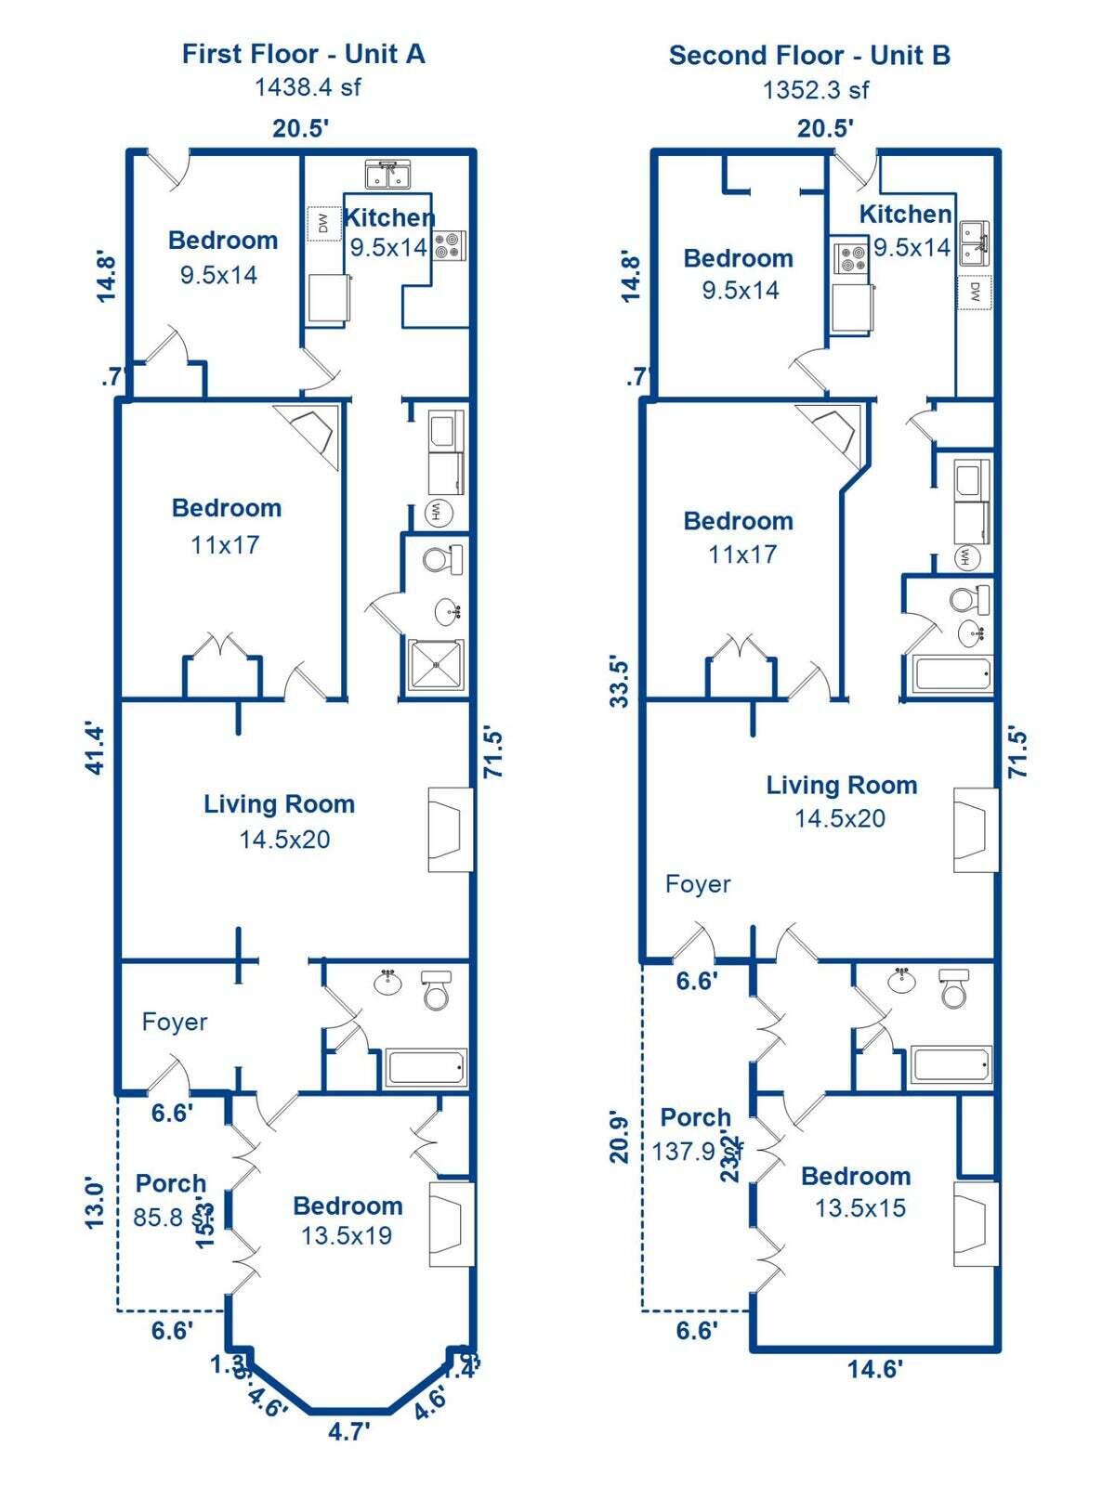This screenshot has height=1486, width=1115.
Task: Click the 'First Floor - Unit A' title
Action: point(303,54)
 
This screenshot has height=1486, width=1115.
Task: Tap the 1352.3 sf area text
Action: point(816,90)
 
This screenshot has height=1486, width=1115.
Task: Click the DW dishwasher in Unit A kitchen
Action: point(323,224)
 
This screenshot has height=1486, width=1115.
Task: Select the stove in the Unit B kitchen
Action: point(851,258)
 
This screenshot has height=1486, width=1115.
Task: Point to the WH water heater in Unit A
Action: point(437,512)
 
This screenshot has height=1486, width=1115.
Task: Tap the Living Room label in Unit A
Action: point(279,804)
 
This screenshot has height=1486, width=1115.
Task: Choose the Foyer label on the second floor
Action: point(698,884)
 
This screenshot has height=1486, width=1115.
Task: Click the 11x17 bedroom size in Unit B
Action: point(741,554)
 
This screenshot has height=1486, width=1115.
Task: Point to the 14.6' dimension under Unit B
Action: point(874,1368)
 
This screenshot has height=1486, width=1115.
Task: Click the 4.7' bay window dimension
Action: point(349,1431)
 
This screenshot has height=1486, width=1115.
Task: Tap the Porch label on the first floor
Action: point(171,1184)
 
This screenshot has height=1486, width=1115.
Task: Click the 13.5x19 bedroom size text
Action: point(347,1236)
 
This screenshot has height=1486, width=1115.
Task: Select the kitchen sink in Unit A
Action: point(394,175)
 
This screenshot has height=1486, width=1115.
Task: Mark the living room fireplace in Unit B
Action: point(975,830)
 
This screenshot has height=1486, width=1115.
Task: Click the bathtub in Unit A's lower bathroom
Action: point(426,1067)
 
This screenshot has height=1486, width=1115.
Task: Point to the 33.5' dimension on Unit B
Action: point(620,682)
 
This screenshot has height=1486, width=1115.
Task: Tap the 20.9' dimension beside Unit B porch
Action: point(620,1137)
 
